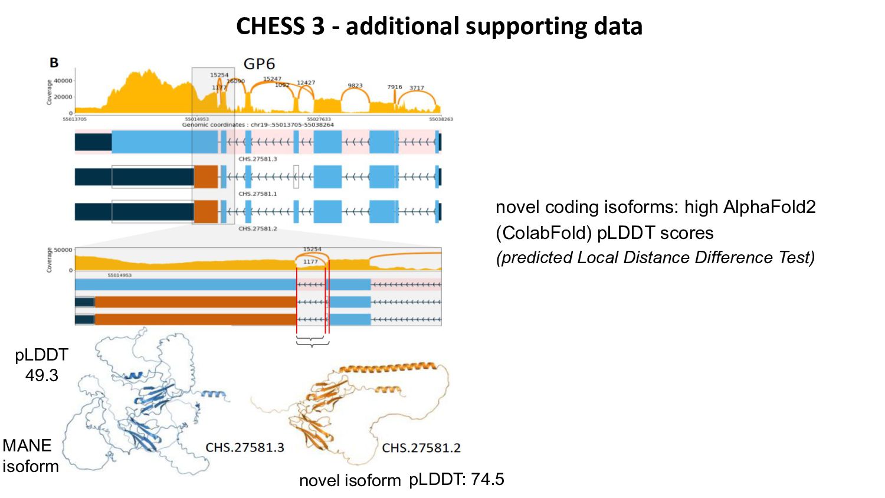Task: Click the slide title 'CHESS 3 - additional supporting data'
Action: (439, 27)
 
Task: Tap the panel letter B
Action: (54, 63)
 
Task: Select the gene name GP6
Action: (259, 64)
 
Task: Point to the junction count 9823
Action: (355, 86)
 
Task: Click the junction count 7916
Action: (394, 87)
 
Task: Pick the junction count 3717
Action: (417, 88)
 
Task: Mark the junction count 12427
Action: (306, 83)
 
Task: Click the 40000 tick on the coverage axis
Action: (63, 81)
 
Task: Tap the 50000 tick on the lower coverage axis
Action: (63, 250)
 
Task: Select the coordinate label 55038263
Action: (441, 119)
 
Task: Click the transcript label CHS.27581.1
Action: (257, 194)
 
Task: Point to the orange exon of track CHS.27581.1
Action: (206, 177)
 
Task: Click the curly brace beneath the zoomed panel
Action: (312, 343)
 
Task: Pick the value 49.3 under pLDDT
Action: (41, 375)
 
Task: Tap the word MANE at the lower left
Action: (27, 445)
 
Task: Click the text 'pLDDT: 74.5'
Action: (457, 479)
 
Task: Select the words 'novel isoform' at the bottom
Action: (350, 480)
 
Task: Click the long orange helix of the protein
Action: (389, 368)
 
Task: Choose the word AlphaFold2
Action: (769, 207)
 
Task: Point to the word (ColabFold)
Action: (543, 233)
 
